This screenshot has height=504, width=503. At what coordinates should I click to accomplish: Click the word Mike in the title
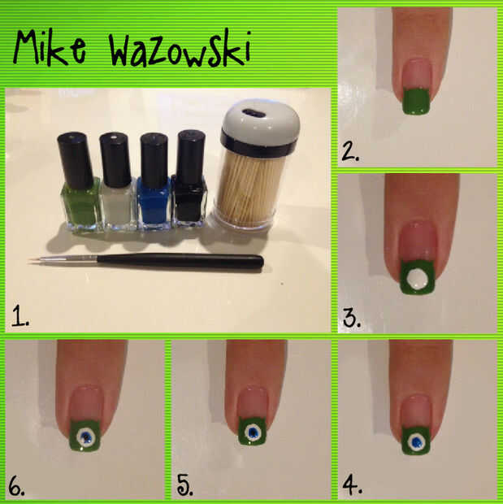[50, 47]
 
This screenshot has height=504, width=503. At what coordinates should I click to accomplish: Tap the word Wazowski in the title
[180, 49]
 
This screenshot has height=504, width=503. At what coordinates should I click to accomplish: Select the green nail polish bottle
[80, 181]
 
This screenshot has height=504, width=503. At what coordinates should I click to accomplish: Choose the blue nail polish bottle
[154, 181]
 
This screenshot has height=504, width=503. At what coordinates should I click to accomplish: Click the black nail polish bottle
[190, 178]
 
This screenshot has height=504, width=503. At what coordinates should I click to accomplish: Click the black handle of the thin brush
[180, 260]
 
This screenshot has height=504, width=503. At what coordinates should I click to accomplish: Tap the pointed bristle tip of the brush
[29, 259]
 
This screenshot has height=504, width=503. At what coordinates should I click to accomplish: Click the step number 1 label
[20, 315]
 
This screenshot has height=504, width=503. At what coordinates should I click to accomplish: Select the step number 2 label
[350, 151]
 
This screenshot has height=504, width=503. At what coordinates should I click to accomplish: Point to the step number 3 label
[352, 318]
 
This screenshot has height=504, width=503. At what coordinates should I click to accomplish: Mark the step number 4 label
[352, 484]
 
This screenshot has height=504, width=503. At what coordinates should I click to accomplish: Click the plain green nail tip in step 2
[417, 102]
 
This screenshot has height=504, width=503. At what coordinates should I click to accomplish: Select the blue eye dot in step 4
[417, 443]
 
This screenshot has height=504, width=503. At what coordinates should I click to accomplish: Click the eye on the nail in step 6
[86, 437]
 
